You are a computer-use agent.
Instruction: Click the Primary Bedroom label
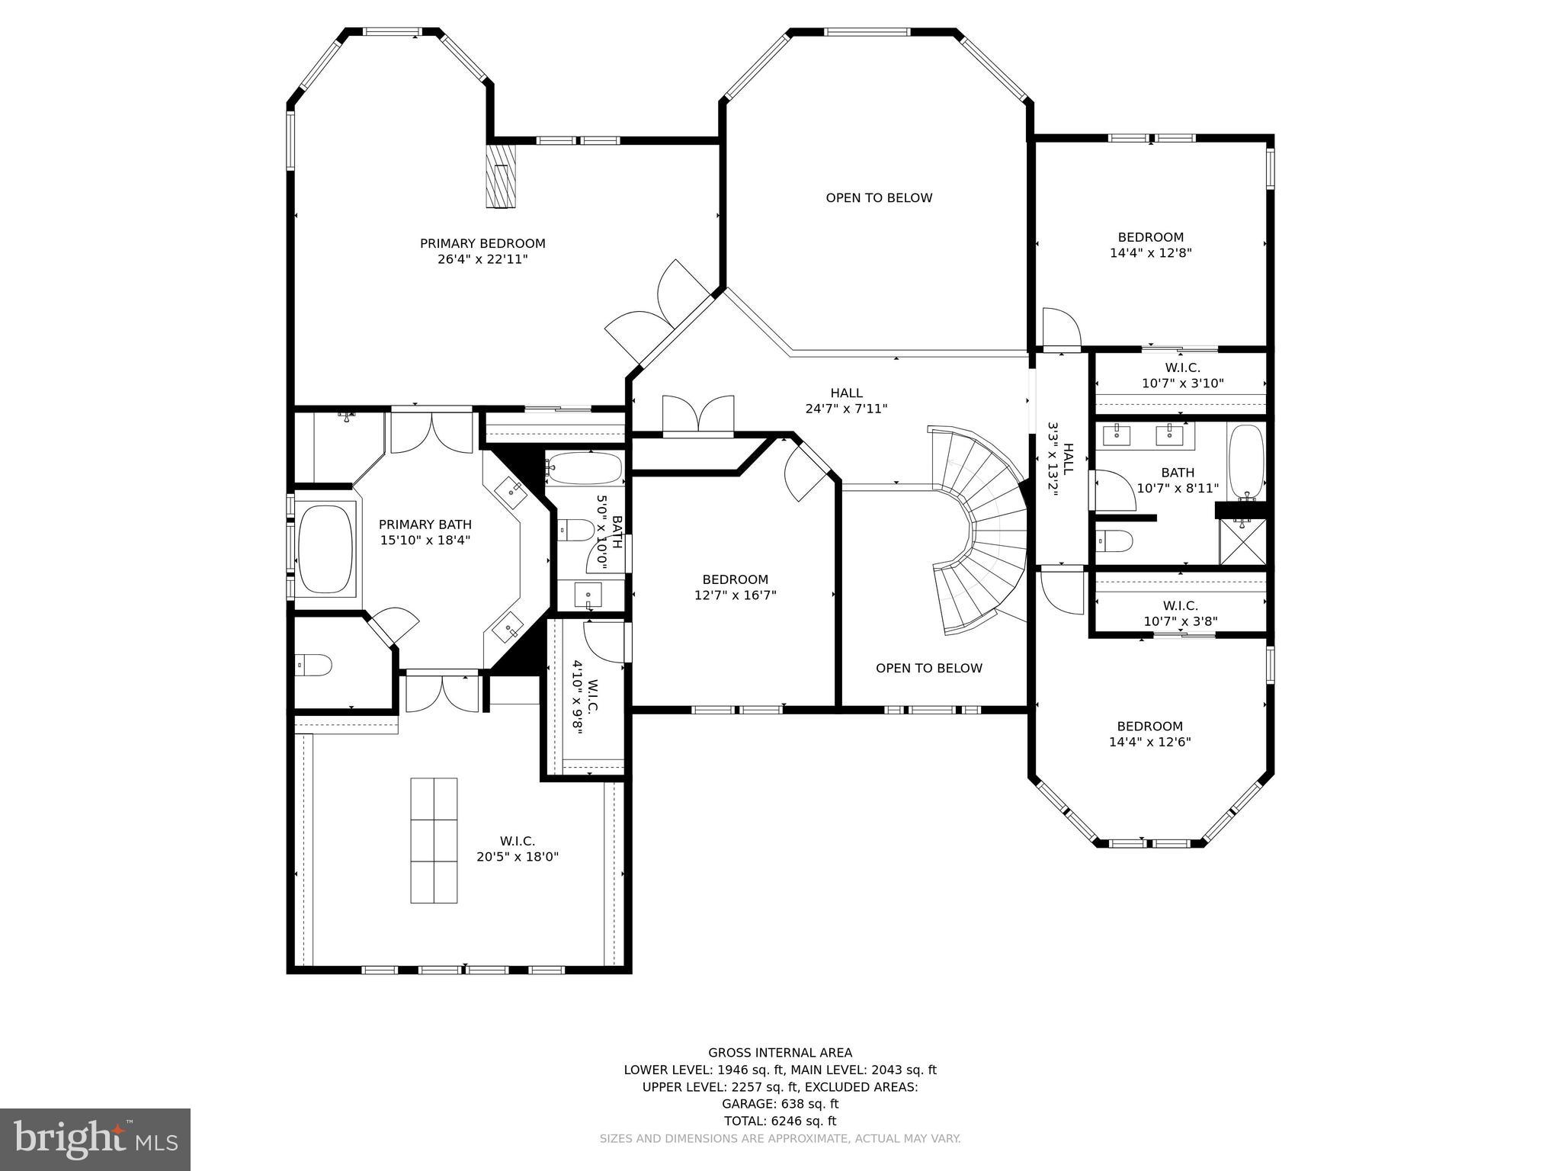click(482, 244)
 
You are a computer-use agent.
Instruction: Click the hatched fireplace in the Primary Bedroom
click(501, 175)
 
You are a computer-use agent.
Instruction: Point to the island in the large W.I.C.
click(434, 840)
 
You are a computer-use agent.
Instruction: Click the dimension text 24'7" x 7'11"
click(846, 409)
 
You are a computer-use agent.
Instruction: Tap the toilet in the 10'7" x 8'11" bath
click(1114, 542)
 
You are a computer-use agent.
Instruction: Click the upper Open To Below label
click(879, 198)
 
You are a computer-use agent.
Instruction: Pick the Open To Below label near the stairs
click(928, 669)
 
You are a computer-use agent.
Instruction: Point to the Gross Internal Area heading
click(780, 1053)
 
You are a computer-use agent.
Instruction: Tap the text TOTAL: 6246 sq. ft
click(780, 1121)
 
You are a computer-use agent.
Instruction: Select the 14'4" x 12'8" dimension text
click(1150, 253)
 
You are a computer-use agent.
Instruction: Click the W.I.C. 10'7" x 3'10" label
click(1182, 376)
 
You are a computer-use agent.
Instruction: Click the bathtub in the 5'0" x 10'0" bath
click(585, 468)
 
